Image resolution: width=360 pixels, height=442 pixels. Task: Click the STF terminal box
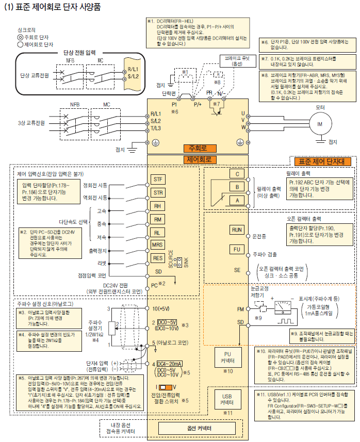(158, 179)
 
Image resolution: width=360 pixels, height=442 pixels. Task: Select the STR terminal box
(158, 193)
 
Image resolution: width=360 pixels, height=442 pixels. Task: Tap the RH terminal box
(158, 206)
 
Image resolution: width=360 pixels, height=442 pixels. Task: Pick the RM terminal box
(158, 219)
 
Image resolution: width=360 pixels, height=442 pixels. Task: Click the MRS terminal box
(158, 245)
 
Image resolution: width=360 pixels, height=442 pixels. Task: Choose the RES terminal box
(158, 258)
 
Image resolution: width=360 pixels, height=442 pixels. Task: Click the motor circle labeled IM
(319, 124)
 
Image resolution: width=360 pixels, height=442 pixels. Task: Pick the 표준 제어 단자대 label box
(322, 161)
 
